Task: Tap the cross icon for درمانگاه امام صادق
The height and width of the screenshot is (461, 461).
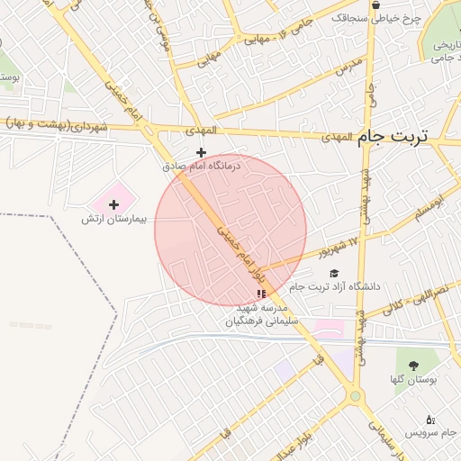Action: click(201, 152)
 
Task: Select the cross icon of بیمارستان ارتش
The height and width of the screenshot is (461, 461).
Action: click(113, 205)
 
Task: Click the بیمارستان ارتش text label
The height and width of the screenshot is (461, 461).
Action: click(103, 220)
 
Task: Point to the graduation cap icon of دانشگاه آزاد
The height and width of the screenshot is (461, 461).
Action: click(334, 273)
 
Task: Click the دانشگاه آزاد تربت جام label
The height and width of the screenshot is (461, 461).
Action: click(345, 286)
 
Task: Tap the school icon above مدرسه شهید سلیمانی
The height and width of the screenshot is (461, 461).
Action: click(262, 294)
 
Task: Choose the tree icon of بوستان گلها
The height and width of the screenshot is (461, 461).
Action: click(413, 366)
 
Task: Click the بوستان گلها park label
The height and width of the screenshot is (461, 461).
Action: click(414, 380)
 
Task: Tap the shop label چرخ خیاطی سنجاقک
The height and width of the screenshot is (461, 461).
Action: click(370, 17)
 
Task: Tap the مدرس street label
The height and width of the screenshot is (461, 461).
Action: click(349, 66)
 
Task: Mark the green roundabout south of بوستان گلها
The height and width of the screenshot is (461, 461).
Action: click(356, 396)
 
